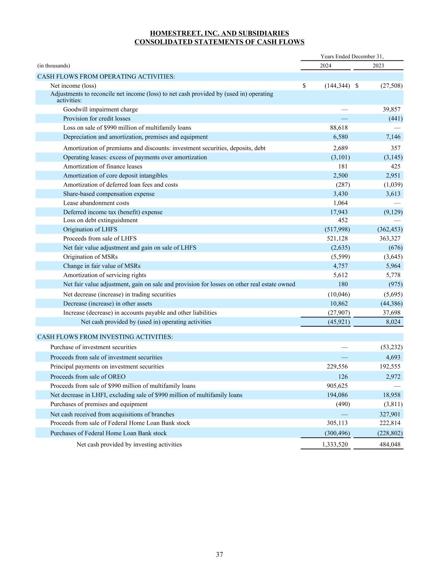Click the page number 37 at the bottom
pos(219,554)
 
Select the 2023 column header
pos(378,66)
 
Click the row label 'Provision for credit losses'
pos(97,119)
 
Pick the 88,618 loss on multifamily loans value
pos(337,128)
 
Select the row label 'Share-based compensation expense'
pos(109,194)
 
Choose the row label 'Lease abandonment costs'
pos(96,203)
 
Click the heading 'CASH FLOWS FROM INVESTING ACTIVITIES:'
pos(105,337)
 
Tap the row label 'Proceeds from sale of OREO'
pos(88,377)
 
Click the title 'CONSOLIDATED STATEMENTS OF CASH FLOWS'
pos(219,42)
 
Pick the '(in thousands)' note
pos(54,66)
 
